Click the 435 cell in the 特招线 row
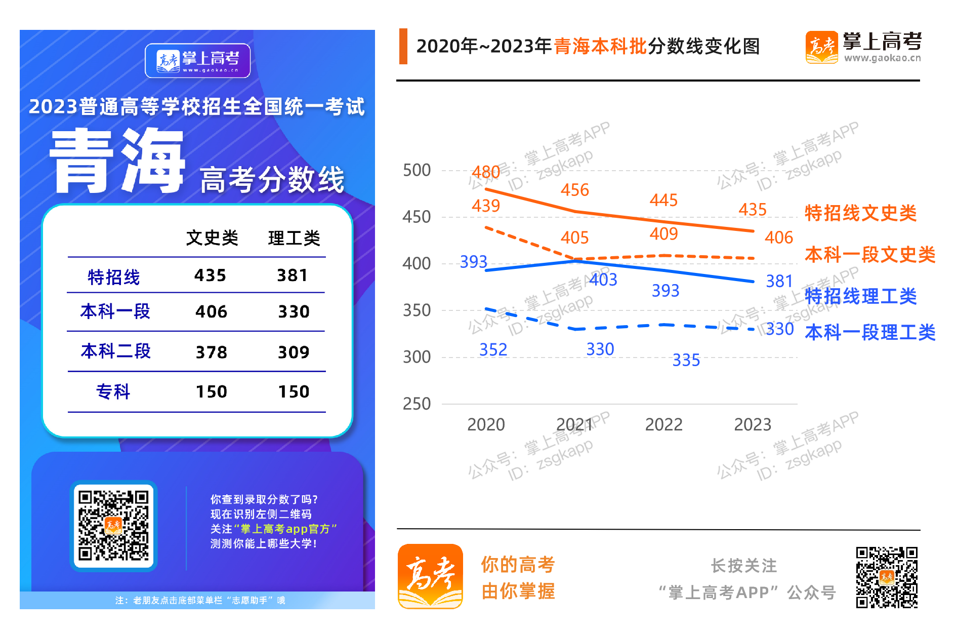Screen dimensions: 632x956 pos(210,275)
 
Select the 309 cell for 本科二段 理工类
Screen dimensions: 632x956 pos(294,352)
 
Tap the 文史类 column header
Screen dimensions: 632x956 pos(212,238)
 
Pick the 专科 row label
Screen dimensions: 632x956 pos(113,392)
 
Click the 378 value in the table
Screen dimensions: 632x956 pos(212,352)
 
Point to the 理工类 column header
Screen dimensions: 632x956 pos(294,238)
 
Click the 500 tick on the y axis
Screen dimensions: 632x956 pos(417,170)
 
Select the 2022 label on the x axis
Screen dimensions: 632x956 pos(663,424)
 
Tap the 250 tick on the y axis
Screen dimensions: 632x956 pos(417,404)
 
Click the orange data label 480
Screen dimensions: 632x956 pos(486,172)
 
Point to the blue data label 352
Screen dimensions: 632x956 pos(493,349)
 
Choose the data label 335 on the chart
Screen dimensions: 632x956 pos(686,360)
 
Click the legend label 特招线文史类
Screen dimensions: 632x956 pos(860,213)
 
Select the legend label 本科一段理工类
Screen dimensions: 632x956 pos(870,333)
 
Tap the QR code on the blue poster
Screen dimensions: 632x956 pos(114,526)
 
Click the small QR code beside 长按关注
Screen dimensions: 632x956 pos(887,577)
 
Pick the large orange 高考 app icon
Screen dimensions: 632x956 pos(430,576)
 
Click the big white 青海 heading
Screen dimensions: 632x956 pos(117,161)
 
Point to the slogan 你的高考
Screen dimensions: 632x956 pos(518,565)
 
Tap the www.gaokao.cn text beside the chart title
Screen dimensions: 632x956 pos(882,58)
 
